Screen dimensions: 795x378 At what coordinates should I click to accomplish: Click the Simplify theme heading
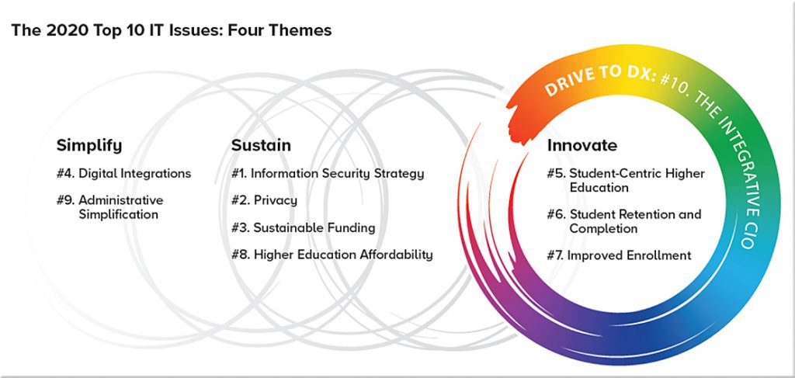pyautogui.click(x=89, y=146)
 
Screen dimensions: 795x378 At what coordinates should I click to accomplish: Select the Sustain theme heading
pyautogui.click(x=261, y=145)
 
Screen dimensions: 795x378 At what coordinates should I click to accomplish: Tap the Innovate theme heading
pyautogui.click(x=582, y=145)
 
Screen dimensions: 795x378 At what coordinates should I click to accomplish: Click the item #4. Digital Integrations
pyautogui.click(x=123, y=173)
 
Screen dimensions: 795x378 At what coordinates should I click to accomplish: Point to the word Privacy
pyautogui.click(x=276, y=200)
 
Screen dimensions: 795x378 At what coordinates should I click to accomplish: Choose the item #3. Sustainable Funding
pyautogui.click(x=304, y=227)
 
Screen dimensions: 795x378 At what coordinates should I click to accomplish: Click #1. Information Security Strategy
pyautogui.click(x=328, y=173)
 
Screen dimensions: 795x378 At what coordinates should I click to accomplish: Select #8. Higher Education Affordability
pyautogui.click(x=332, y=255)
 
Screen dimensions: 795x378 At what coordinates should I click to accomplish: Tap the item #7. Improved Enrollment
pyautogui.click(x=619, y=255)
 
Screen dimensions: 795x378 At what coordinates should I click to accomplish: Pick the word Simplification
pyautogui.click(x=118, y=214)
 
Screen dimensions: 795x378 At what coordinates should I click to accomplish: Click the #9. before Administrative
pyautogui.click(x=65, y=200)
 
